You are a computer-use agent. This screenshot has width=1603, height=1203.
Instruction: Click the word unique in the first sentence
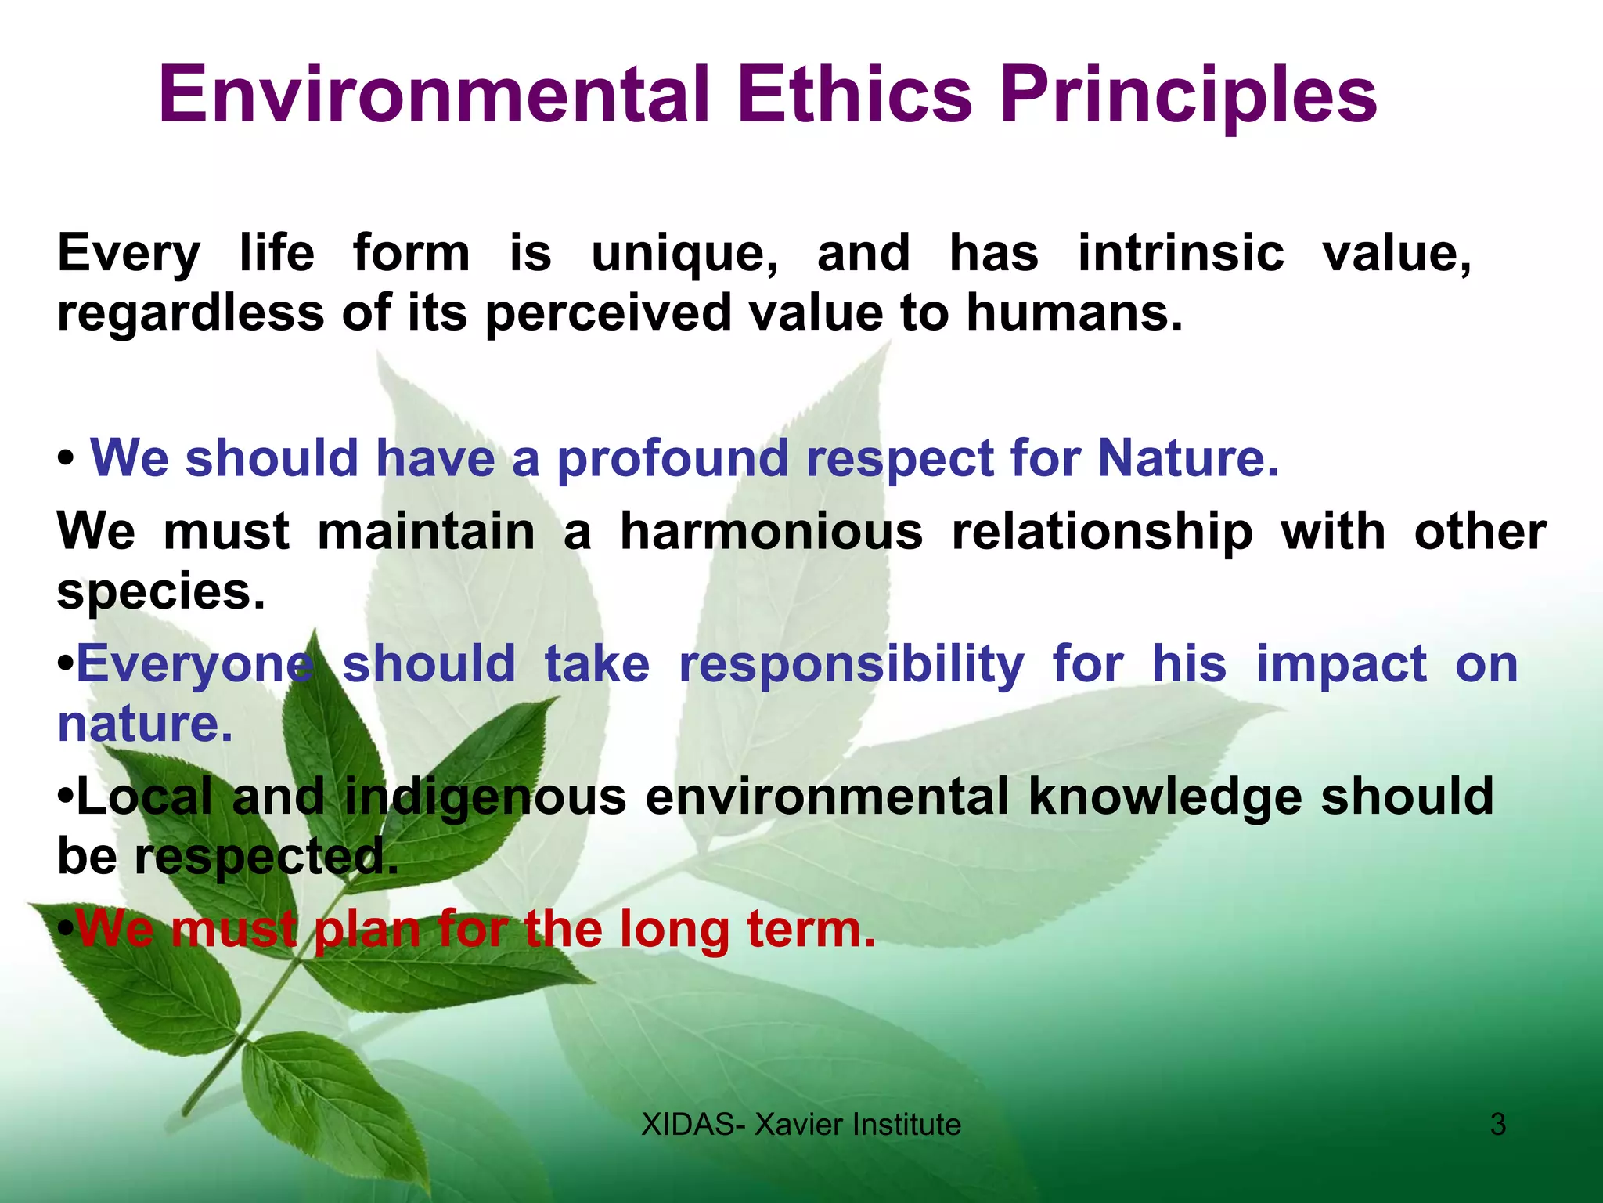[x=684, y=254]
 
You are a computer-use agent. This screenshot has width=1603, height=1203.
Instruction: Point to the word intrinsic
[x=1181, y=254]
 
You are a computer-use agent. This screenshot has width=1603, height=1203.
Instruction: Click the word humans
[x=1074, y=312]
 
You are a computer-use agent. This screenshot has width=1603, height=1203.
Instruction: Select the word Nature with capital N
[x=1187, y=458]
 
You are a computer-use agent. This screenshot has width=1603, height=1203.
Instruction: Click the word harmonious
[x=771, y=532]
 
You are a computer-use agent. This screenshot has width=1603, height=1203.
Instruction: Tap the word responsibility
[x=851, y=665]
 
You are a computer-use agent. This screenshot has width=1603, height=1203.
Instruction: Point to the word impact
[x=1342, y=665]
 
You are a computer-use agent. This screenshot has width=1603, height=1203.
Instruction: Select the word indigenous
[x=485, y=797]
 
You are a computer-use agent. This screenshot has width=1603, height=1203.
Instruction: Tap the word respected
[x=266, y=857]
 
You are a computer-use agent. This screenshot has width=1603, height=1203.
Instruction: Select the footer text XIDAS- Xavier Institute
[x=801, y=1125]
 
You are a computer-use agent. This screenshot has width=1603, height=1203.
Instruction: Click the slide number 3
[x=1497, y=1125]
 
